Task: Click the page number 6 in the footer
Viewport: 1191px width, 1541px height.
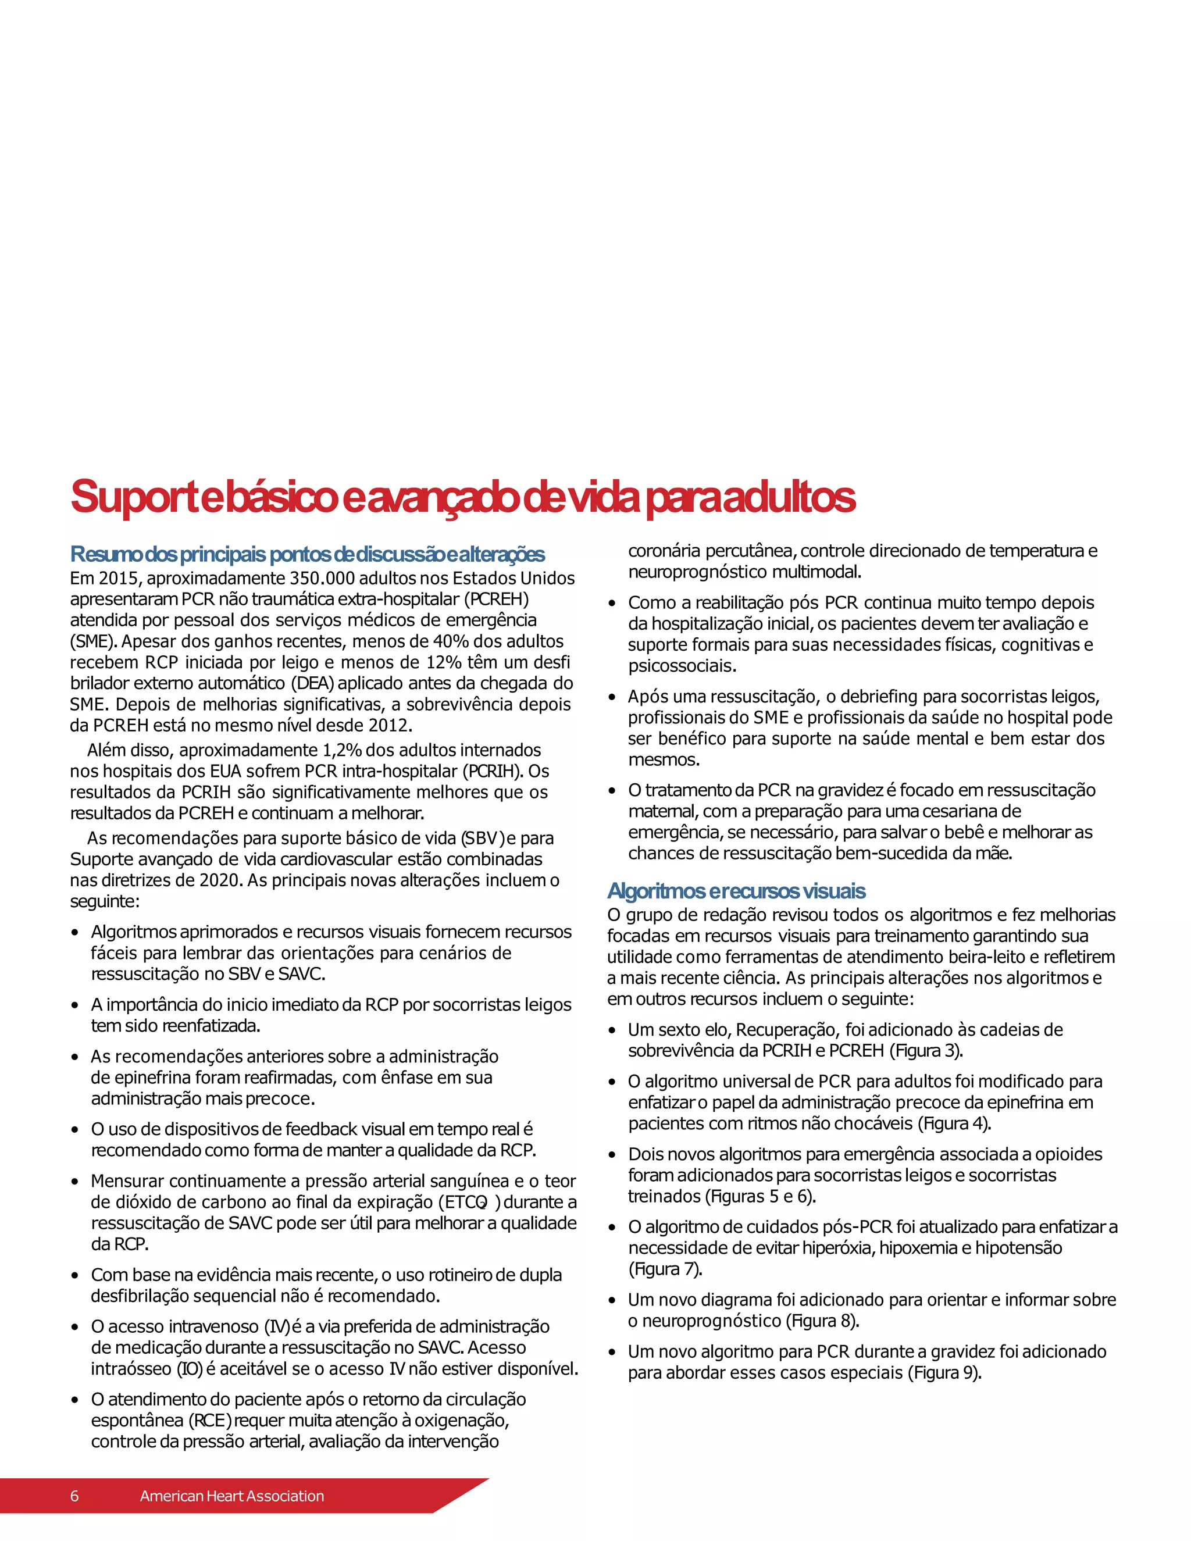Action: click(x=74, y=1495)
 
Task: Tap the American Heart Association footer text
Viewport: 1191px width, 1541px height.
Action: click(x=231, y=1495)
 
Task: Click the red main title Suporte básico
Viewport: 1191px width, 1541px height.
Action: click(x=462, y=497)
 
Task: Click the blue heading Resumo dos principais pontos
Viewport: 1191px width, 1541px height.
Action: click(x=308, y=555)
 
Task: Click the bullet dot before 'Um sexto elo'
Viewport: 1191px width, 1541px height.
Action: click(x=612, y=1031)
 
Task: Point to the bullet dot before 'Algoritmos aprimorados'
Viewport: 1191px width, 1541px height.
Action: click(x=75, y=933)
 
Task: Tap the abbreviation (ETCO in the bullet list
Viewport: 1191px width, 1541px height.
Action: click(x=463, y=1203)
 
